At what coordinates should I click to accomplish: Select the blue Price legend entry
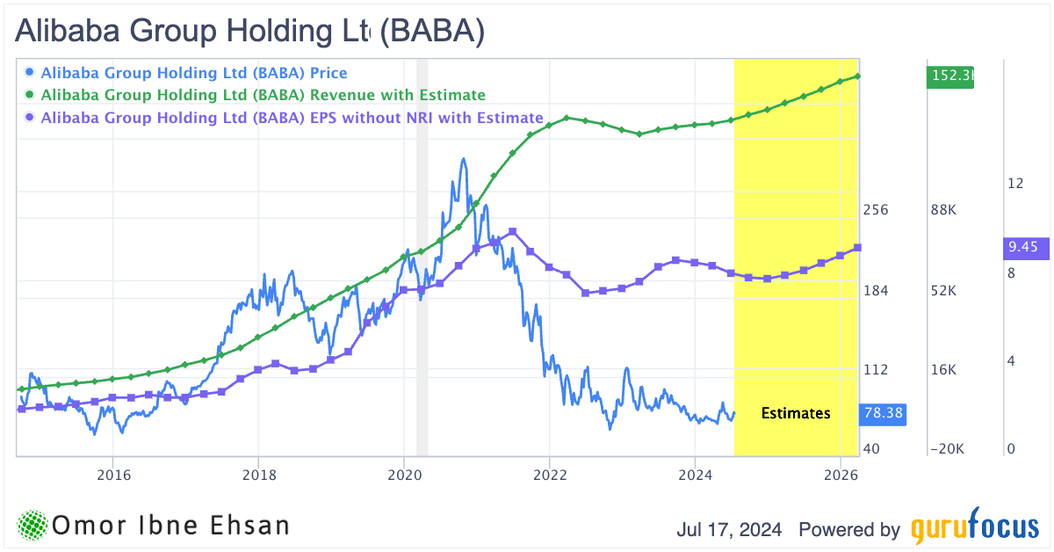click(x=194, y=73)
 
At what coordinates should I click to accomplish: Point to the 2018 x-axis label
click(x=258, y=476)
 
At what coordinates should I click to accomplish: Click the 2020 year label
click(x=404, y=476)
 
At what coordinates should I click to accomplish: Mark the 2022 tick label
click(x=549, y=476)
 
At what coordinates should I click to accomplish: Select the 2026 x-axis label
click(x=841, y=476)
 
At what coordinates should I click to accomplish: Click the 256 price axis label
click(x=876, y=210)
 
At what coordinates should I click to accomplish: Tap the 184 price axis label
click(x=876, y=291)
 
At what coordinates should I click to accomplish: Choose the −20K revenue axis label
click(x=946, y=449)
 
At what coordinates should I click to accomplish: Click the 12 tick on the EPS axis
click(x=1016, y=183)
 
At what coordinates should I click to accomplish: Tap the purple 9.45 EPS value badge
click(x=1023, y=248)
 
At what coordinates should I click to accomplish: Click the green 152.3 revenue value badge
click(x=950, y=76)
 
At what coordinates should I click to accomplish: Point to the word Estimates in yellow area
click(x=795, y=413)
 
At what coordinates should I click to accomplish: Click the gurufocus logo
click(x=974, y=529)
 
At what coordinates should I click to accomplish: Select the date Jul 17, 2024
click(x=732, y=530)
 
